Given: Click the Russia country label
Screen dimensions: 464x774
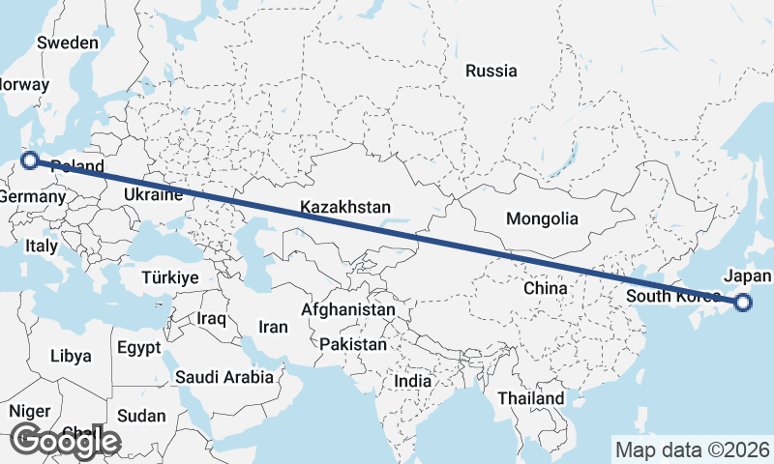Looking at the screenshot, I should (491, 71).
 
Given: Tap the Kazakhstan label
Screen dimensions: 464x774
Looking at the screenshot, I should (344, 207).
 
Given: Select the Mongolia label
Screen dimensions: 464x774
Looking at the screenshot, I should (542, 218).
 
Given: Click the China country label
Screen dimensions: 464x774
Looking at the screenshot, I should (545, 288).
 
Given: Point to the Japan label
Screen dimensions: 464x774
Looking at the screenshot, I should (747, 275).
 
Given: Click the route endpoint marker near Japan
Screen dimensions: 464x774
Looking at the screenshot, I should (743, 303).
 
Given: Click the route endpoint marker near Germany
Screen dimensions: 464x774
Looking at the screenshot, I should (29, 160).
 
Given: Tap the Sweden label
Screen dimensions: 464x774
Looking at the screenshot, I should (67, 43).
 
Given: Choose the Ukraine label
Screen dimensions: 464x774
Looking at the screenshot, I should (152, 195).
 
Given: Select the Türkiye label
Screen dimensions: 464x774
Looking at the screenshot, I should (169, 277).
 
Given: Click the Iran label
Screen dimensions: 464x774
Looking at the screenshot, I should (273, 327).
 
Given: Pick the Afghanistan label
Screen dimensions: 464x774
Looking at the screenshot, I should (348, 309).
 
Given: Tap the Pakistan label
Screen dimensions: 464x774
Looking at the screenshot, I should (353, 344).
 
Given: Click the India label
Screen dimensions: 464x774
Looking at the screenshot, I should (412, 381).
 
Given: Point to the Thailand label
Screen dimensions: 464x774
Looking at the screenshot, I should (530, 398).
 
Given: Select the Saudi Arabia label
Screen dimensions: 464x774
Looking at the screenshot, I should (223, 377).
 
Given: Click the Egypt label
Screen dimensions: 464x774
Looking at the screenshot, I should (135, 347).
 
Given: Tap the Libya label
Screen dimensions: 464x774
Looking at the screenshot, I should (70, 356).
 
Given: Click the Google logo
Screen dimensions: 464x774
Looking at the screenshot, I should (65, 441).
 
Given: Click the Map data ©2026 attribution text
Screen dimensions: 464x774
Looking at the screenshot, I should (692, 449).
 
